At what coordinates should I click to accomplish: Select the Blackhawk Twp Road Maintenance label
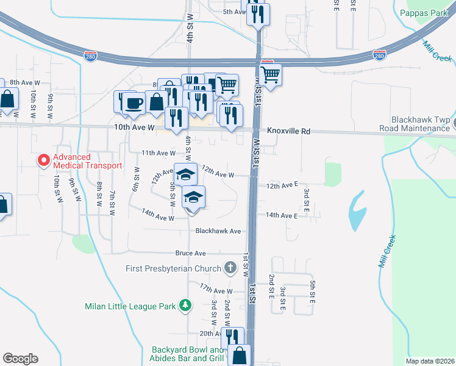coord(405,124)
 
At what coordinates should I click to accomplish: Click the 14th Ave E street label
coord(281,215)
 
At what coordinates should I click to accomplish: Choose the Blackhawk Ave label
coord(218,231)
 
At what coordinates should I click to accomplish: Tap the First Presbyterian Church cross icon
coord(230,267)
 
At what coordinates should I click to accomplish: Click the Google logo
coord(20,359)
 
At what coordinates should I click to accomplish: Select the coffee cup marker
coord(134,103)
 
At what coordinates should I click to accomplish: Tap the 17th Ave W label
coord(216,292)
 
